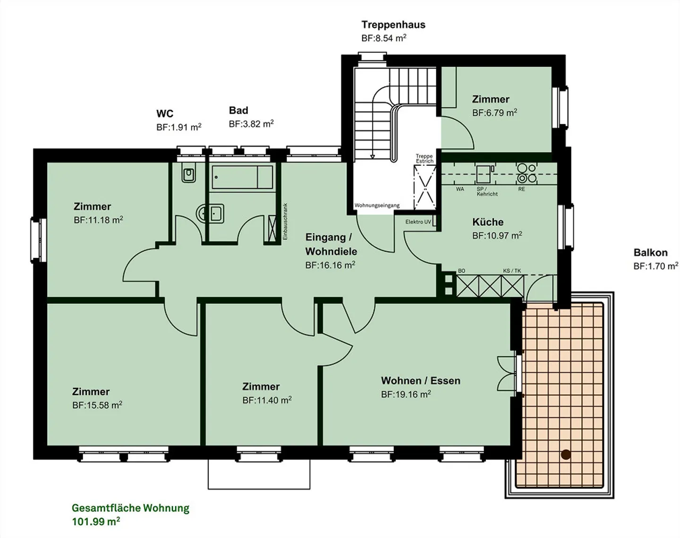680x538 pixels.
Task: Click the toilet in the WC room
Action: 188,173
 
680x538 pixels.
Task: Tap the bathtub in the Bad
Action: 242,177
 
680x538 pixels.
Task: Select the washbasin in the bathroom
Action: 211,213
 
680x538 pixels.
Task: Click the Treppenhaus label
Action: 393,25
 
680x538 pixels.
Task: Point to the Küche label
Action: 488,222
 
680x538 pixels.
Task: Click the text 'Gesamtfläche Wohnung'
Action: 130,508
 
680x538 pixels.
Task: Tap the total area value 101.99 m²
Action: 96,521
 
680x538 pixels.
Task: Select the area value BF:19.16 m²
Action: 406,394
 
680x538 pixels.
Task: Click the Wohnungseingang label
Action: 377,205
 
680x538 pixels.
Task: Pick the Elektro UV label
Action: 418,222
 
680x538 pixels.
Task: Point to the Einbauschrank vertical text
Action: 285,221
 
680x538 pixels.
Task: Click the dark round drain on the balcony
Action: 566,454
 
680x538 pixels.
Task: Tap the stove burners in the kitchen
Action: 527,173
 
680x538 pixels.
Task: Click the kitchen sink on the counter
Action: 484,174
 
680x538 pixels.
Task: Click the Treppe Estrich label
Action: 425,159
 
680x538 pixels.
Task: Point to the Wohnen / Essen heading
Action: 421,381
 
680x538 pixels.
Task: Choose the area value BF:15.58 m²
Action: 97,405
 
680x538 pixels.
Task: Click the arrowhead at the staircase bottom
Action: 373,156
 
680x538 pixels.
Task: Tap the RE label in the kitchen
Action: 521,189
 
